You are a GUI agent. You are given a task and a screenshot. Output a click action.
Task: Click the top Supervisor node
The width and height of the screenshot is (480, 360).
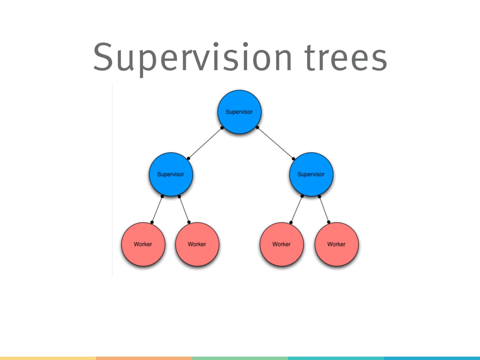[x=239, y=112]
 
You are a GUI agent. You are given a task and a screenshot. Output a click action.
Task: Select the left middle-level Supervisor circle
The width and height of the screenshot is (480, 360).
[x=171, y=174]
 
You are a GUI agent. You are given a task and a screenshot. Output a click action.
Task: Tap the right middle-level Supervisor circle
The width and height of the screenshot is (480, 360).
[x=311, y=174]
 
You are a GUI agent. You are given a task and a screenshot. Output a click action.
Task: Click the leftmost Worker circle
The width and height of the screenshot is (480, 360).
[x=143, y=244]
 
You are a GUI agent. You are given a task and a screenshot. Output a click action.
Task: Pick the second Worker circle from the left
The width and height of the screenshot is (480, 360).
[x=197, y=244]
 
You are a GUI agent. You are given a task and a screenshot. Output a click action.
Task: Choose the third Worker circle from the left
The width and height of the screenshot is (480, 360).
[x=281, y=244]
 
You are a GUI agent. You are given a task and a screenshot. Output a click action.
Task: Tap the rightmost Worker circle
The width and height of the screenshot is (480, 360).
[x=336, y=244]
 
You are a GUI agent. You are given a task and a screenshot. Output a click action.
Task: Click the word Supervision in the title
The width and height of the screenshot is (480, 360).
[x=192, y=58]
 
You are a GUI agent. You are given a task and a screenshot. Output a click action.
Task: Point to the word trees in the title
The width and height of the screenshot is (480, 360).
[x=346, y=58]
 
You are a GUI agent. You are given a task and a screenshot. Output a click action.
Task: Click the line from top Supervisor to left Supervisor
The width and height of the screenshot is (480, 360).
[x=205, y=143]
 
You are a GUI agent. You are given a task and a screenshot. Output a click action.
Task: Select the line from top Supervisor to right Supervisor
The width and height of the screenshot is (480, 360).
[x=275, y=143]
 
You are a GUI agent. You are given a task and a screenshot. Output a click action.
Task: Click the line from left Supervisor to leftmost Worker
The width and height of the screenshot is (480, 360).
[x=157, y=209]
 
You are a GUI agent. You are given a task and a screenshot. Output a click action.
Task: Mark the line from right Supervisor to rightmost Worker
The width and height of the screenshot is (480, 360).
[x=324, y=209]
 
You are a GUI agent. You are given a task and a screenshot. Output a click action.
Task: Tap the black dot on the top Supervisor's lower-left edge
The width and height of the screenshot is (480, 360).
[x=222, y=128]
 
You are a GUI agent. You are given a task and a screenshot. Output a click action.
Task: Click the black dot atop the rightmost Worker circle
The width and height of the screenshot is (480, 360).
[x=329, y=222]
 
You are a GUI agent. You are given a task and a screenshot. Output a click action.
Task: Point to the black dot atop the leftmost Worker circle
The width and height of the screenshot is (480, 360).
[x=152, y=222]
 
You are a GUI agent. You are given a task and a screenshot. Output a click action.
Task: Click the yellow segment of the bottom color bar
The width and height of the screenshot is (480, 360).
[x=48, y=358]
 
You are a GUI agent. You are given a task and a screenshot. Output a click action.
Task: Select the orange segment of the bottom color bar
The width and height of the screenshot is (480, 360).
[x=144, y=358]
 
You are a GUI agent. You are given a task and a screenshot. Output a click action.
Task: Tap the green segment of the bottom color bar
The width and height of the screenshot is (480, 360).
[x=240, y=358]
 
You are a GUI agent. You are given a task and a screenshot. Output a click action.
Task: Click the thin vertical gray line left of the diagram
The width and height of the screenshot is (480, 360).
[x=112, y=180]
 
